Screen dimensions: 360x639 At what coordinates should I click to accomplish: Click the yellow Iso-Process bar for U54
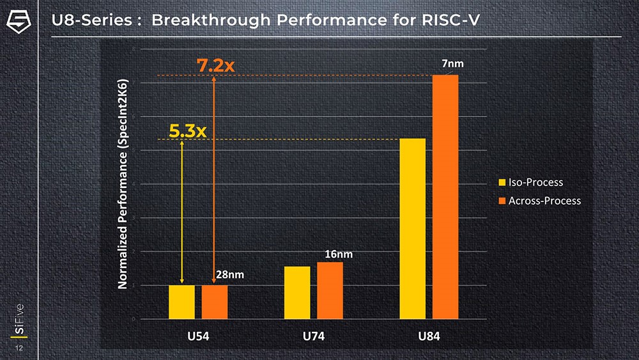[x=181, y=301]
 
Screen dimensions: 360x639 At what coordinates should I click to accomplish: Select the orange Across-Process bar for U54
[x=215, y=301]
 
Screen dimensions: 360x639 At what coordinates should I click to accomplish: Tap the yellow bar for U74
[x=297, y=292]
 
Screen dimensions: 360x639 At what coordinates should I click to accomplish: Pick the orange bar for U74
[x=330, y=290]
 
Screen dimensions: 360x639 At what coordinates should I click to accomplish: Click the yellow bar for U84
[x=413, y=228]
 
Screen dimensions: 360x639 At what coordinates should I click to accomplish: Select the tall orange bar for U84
[x=445, y=196]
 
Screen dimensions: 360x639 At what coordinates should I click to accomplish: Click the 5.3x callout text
[x=188, y=131]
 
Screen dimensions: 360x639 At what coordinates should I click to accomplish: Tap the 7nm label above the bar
[x=452, y=64]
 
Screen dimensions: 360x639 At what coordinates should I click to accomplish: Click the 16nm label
[x=339, y=254]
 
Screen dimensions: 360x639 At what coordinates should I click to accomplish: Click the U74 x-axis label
[x=313, y=336]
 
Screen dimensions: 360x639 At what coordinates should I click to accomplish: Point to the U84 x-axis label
[x=429, y=336]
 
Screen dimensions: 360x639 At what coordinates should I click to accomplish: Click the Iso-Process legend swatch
[x=502, y=183]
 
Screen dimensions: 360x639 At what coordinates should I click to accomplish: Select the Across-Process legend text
[x=544, y=201]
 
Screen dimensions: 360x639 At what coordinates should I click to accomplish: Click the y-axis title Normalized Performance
[x=123, y=184]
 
